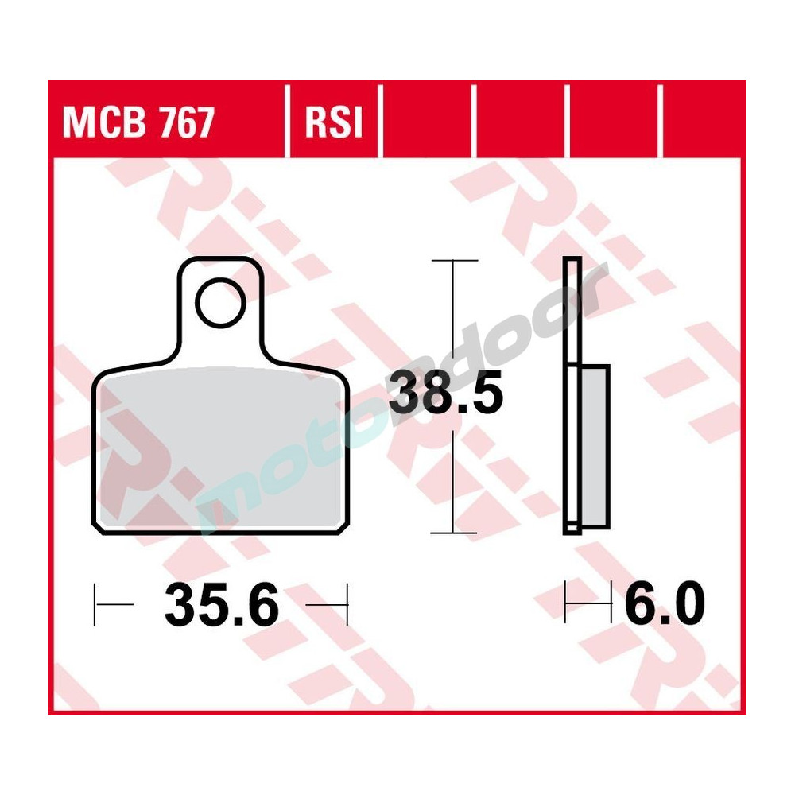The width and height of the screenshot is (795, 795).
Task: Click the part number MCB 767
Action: [x=138, y=123]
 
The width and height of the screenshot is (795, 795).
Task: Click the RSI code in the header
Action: [x=332, y=123]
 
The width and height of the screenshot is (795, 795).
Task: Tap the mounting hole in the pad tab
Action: [x=219, y=304]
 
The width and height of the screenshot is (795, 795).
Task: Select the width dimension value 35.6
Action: [x=221, y=607]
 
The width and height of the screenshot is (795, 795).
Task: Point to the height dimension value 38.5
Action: [x=445, y=395]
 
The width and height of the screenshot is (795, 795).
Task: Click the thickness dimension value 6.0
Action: [x=665, y=607]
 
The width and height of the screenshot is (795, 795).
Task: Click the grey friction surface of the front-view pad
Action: [x=221, y=449]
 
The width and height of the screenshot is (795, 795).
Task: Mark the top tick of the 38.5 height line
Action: [x=453, y=261]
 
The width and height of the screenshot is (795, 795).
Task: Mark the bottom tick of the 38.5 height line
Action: [x=453, y=532]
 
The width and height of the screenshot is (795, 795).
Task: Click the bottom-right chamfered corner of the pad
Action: [x=343, y=525]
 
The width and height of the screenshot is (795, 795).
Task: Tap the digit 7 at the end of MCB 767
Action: [x=203, y=123]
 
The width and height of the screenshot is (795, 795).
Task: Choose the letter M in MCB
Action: [x=77, y=123]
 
